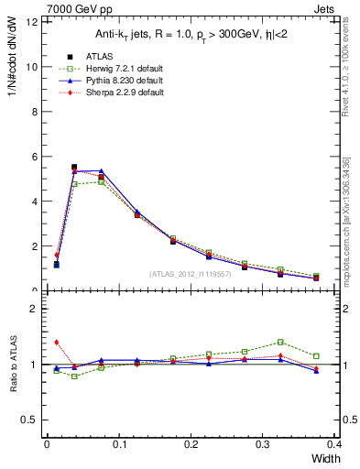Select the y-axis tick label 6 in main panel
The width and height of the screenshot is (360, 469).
32,157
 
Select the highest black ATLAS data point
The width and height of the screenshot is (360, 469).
74,168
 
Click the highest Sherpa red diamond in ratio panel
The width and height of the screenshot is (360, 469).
57,342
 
